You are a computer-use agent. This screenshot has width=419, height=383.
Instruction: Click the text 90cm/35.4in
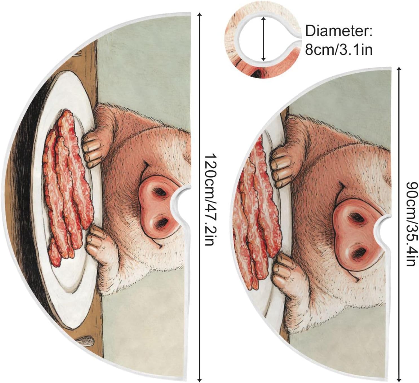point(411,223)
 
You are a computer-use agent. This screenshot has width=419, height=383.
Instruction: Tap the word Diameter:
point(339,31)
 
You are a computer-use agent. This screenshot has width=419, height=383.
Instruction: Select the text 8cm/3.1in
point(339,50)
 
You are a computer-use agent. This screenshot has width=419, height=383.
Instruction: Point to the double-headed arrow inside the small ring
point(263,39)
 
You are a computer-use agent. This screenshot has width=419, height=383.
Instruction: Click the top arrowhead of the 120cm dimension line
point(200,15)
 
